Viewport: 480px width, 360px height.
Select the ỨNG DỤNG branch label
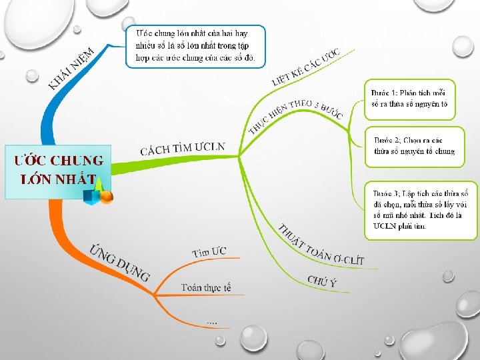click(120, 263)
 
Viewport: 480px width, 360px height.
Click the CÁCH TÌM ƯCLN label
click(183, 148)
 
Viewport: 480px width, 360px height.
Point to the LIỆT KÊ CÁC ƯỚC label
click(307, 67)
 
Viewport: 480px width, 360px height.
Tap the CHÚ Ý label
click(322, 281)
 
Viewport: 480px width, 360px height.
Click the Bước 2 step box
click(414, 145)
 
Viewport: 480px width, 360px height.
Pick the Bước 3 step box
click(421, 209)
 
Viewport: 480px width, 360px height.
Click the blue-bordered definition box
click(195, 46)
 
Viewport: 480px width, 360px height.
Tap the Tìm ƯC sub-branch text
click(209, 252)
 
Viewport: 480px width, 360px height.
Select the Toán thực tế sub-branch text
click(206, 288)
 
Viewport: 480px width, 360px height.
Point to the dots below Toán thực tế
click(211, 323)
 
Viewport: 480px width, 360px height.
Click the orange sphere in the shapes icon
click(106, 197)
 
